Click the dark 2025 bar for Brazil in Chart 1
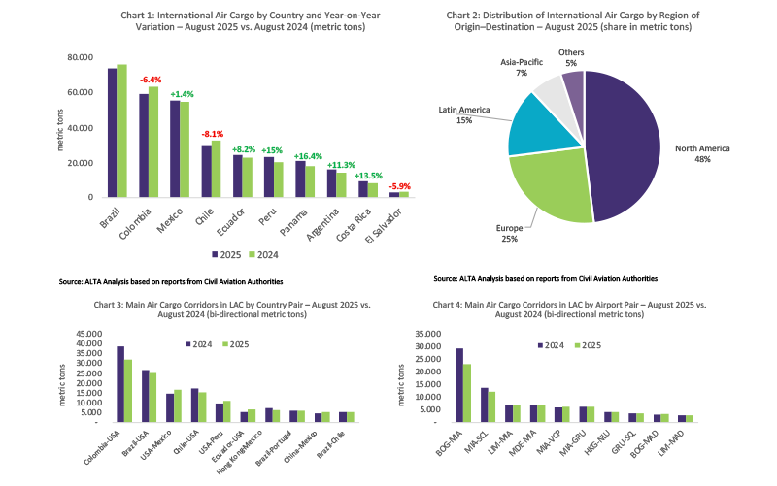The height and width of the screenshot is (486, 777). click(112, 132)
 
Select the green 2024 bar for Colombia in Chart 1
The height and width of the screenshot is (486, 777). click(152, 142)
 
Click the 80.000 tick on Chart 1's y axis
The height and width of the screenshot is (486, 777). click(80, 57)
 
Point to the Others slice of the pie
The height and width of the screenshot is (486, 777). click(574, 86)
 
